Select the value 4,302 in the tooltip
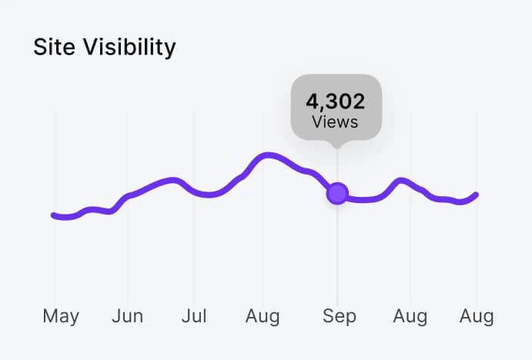click(336, 102)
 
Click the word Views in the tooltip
click(336, 122)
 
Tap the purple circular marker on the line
click(337, 194)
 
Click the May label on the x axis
click(61, 316)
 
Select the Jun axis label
click(127, 316)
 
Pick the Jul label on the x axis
click(194, 316)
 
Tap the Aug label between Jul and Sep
click(263, 316)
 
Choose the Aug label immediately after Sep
click(410, 316)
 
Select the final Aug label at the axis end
click(476, 316)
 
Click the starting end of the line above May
click(54, 215)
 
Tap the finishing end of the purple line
click(477, 195)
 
